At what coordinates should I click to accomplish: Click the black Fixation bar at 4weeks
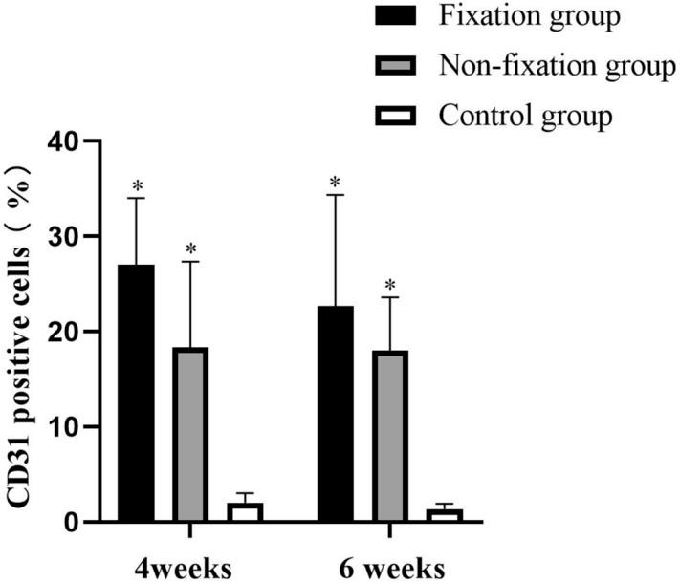tap(137, 394)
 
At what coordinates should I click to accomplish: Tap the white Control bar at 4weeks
tap(245, 512)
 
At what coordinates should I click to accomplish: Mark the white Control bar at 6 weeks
tap(444, 516)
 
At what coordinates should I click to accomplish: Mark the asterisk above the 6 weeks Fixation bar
tap(336, 182)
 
